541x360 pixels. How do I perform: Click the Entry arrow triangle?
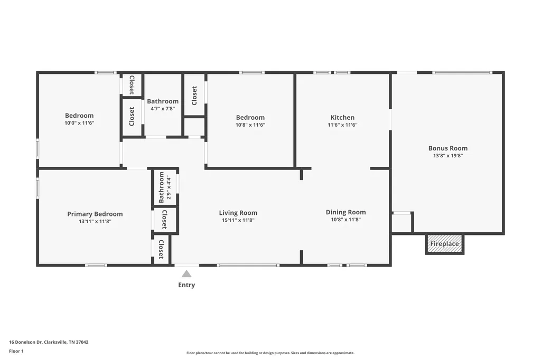186,274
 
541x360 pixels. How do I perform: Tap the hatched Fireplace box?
444,244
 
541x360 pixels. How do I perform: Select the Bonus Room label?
448,148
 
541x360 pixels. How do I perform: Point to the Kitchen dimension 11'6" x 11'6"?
342,125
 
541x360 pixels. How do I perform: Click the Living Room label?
238,213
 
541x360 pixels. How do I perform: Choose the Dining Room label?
346,212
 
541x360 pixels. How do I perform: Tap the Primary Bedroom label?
95,214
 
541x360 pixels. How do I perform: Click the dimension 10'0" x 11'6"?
79,123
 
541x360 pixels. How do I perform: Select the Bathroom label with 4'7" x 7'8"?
163,101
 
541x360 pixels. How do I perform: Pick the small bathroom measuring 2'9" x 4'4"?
165,187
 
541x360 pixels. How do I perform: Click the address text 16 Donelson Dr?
25,342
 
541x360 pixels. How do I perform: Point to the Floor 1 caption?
16,351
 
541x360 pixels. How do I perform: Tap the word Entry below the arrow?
186,285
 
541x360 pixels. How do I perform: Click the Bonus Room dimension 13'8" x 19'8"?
448,156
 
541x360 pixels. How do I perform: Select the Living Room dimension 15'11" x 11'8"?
238,220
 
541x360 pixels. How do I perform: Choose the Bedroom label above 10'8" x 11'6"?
250,117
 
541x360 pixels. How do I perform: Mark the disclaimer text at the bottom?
270,353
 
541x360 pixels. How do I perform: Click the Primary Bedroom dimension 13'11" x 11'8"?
95,221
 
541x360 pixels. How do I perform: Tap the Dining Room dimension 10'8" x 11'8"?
346,219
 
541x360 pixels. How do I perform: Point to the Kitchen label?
342,117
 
